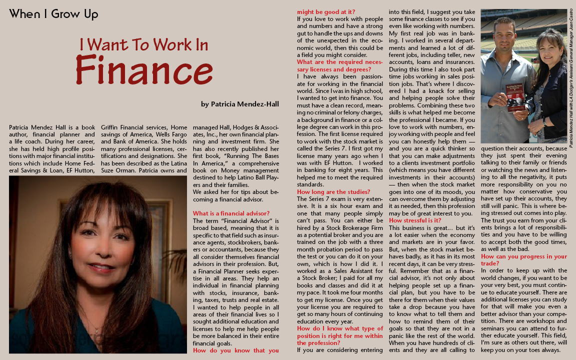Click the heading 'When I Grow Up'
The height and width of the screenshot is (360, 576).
pyautogui.click(x=53, y=14)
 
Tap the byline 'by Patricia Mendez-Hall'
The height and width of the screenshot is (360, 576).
pyautogui.click(x=239, y=104)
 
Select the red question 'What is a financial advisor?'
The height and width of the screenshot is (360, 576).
pyautogui.click(x=231, y=213)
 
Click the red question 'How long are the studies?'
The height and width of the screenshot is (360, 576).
pyautogui.click(x=333, y=192)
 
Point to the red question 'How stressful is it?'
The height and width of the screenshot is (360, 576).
pyautogui.click(x=415, y=220)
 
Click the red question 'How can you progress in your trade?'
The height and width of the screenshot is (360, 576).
pyautogui.click(x=523, y=259)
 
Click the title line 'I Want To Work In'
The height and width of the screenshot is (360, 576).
pyautogui.click(x=143, y=44)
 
